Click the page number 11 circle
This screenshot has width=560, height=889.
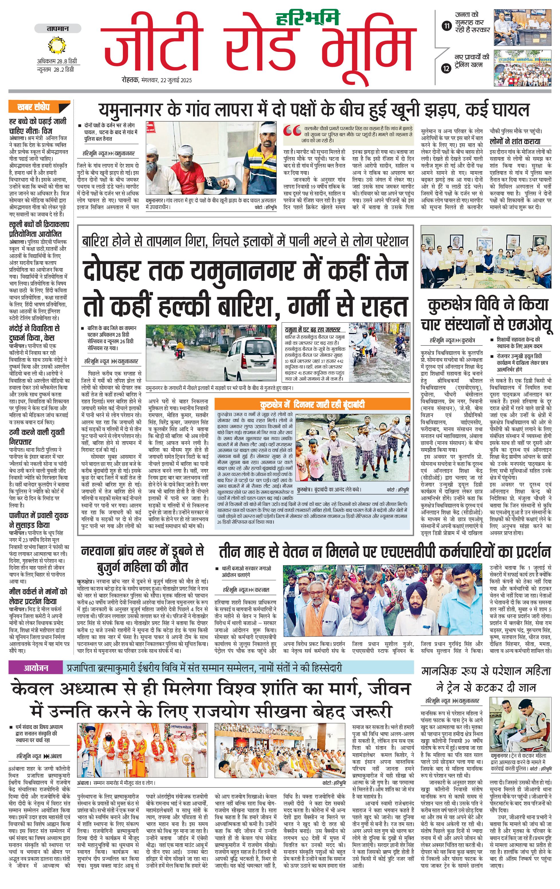(447, 26)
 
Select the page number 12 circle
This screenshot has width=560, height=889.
(447, 68)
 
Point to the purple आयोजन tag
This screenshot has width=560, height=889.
(36, 668)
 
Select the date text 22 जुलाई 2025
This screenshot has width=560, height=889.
(176, 80)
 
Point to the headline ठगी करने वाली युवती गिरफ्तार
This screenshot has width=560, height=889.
(37, 437)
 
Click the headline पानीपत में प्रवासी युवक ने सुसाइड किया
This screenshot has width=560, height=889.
(39, 520)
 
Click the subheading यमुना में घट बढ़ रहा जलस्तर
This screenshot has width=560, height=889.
(313, 329)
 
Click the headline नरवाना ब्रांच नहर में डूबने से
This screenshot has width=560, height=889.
(142, 551)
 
